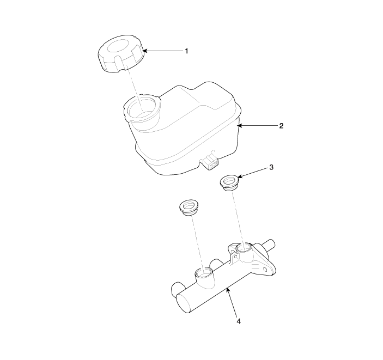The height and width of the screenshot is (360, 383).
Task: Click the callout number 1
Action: (x=187, y=51)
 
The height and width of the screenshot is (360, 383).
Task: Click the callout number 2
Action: (x=281, y=126)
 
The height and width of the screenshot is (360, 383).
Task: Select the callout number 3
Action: (x=271, y=167)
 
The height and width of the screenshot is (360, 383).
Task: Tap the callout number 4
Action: (x=239, y=321)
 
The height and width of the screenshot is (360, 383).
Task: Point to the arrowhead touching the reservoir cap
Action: (x=145, y=51)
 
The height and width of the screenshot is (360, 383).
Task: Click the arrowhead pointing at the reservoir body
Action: (x=239, y=126)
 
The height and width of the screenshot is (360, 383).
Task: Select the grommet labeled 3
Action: (x=229, y=182)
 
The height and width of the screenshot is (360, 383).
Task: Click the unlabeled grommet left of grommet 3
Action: (x=189, y=208)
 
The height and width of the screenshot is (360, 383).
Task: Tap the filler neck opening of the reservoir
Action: (x=142, y=107)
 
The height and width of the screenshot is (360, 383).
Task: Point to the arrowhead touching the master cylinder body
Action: (x=228, y=290)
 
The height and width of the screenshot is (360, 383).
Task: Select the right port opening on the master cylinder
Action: (x=244, y=248)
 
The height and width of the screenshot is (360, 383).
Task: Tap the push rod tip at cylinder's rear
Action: (x=272, y=243)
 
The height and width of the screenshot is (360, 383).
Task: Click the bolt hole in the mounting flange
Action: (x=265, y=270)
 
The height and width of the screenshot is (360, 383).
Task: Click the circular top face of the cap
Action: (x=118, y=46)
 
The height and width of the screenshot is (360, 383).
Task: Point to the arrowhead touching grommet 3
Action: (x=239, y=176)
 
